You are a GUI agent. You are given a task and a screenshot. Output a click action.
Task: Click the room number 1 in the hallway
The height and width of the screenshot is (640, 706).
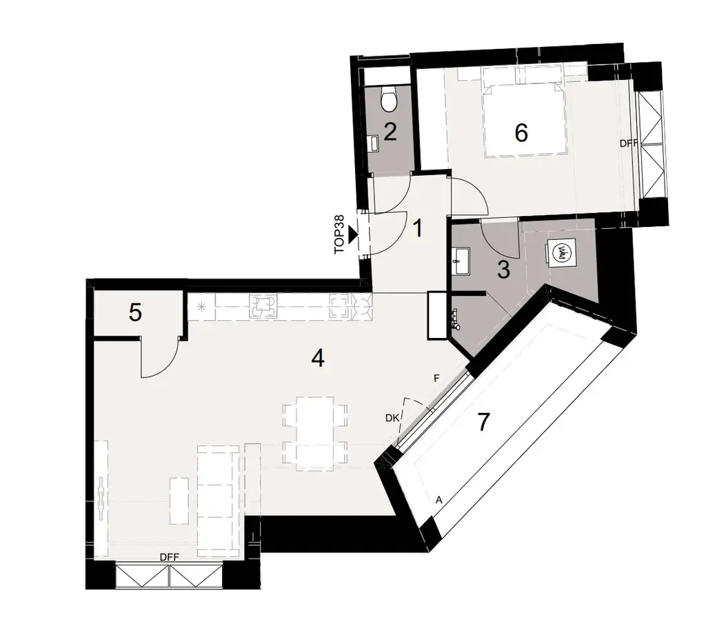pyautogui.click(x=417, y=228)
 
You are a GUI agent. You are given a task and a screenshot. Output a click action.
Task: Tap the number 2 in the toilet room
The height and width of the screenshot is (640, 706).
pyautogui.click(x=390, y=131)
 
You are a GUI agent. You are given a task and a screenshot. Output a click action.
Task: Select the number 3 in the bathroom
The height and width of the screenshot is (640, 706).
pyautogui.click(x=503, y=270)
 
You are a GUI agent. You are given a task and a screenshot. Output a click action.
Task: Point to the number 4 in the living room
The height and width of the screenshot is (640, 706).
pyautogui.click(x=317, y=359)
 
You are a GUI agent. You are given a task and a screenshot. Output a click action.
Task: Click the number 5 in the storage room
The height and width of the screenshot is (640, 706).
pyautogui.click(x=136, y=313)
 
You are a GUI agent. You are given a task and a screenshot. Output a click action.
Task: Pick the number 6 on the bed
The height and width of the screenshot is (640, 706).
pyautogui.click(x=521, y=132)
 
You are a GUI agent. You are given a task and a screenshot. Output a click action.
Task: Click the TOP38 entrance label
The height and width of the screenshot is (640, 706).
pyautogui.click(x=340, y=235)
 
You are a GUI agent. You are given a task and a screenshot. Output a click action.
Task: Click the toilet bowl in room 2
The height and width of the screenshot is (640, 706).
pyautogui.click(x=390, y=101)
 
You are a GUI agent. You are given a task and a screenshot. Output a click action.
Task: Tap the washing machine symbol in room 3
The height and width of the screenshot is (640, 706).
pyautogui.click(x=563, y=253)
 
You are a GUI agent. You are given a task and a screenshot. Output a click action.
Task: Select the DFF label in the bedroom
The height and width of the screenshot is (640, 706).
pyautogui.click(x=628, y=143)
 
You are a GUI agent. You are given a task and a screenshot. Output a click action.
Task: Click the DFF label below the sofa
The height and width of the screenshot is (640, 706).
pyautogui.click(x=170, y=557)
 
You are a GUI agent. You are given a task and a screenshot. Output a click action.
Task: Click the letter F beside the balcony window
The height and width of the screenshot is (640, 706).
pyautogui.click(x=436, y=379)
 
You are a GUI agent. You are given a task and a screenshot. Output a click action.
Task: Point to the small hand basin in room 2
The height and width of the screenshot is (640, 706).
pyautogui.click(x=375, y=143)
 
